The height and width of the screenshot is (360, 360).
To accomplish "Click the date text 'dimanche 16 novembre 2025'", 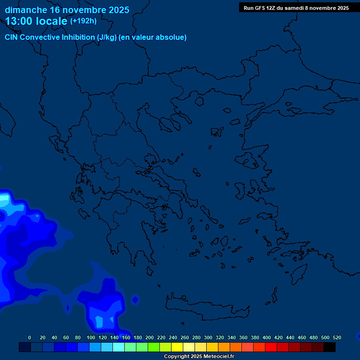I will (x=67, y=10).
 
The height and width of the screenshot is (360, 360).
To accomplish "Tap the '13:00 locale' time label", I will (x=37, y=21).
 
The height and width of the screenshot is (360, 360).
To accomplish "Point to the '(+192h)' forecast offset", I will (x=83, y=21).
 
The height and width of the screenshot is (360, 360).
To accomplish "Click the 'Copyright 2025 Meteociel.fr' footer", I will (x=199, y=357).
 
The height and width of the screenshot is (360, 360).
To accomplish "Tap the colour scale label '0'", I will (x=30, y=337).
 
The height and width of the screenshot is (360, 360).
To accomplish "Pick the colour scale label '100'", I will (x=91, y=337).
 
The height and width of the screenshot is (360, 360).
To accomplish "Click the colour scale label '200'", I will (x=150, y=337).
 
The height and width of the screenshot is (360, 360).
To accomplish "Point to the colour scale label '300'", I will (x=208, y=337).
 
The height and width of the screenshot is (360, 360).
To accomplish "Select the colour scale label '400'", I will (x=267, y=337).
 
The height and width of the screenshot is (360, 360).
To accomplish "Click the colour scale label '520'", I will (x=337, y=337).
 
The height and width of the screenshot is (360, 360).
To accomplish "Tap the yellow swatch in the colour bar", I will (x=177, y=347).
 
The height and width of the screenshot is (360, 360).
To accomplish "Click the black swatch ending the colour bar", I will (x=330, y=347).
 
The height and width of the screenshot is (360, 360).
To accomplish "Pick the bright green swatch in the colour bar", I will (x=154, y=347).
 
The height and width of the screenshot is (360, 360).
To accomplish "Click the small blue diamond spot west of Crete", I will (x=135, y=299).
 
